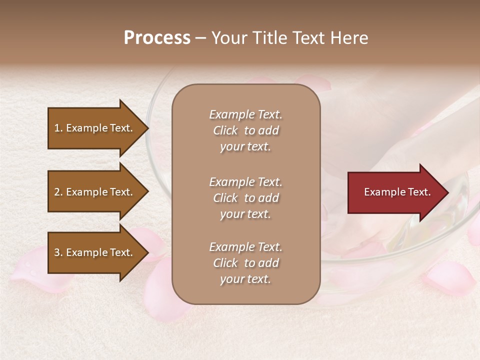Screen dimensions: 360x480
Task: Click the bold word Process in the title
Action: (157, 38)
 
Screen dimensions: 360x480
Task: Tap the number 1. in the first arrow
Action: (58, 128)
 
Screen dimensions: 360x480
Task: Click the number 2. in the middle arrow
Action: (58, 192)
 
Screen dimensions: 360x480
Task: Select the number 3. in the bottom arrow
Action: (58, 252)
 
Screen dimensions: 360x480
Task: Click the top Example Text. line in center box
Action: (245, 114)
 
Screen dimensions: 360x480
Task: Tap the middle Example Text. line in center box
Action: (245, 182)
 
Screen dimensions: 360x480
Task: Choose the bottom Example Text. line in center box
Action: (245, 247)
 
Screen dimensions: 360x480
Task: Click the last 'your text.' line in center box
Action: (245, 279)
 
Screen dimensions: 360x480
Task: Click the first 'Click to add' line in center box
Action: (245, 130)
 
